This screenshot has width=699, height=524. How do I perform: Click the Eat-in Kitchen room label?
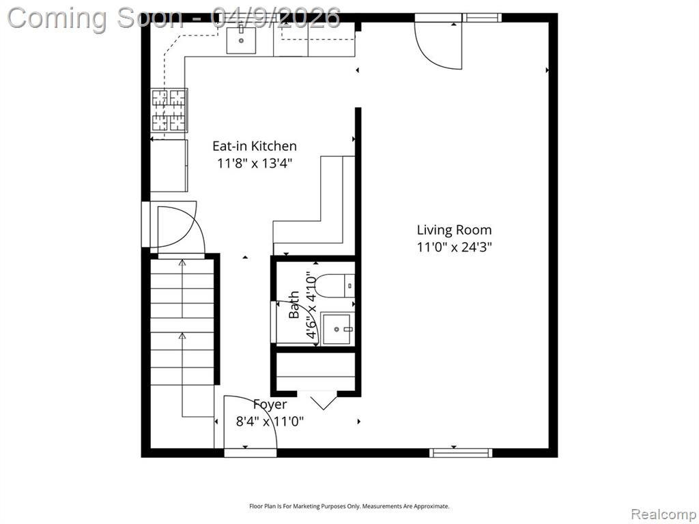(x=254, y=146)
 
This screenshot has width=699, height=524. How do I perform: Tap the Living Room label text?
(x=454, y=230)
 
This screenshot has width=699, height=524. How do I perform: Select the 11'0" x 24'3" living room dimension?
(x=454, y=247)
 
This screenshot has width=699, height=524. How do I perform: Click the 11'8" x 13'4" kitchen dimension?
(x=254, y=163)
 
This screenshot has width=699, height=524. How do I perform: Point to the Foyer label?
(x=270, y=404)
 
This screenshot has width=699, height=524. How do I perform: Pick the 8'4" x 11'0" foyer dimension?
(x=270, y=421)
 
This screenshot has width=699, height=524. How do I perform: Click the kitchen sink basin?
(x=241, y=40)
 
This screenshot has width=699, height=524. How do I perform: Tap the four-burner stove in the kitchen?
(x=169, y=110)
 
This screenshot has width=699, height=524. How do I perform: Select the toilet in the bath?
(x=334, y=285)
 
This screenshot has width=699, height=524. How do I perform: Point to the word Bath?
(x=294, y=305)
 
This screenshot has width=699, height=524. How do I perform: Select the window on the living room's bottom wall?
(x=461, y=453)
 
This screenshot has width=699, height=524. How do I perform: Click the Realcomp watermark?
(x=664, y=514)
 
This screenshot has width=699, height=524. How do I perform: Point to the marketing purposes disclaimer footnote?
(x=349, y=506)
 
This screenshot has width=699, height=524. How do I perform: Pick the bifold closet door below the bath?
(x=323, y=401)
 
